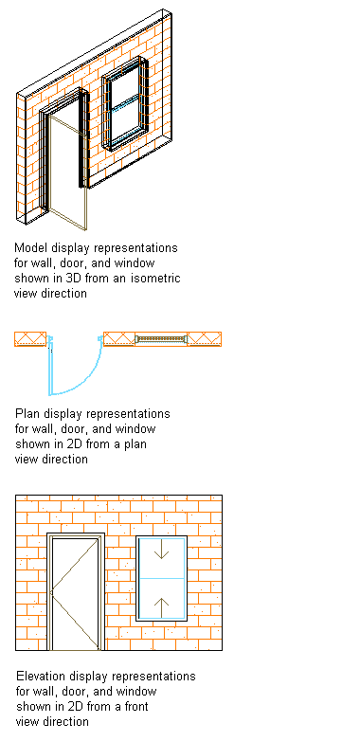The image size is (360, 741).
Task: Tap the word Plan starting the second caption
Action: (27, 413)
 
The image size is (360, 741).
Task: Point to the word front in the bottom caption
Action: (135, 706)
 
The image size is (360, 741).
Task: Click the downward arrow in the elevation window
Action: (162, 550)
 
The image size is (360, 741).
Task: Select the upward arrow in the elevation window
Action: (162, 607)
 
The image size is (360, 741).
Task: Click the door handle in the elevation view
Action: (51, 592)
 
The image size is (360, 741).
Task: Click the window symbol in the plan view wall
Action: (161, 339)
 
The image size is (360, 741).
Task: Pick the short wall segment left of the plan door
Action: (30, 339)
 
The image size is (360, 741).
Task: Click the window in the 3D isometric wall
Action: (125, 103)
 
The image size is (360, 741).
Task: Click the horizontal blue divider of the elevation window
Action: (162, 578)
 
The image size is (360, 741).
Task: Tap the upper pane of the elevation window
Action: (162, 557)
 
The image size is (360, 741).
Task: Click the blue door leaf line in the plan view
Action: (50, 367)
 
